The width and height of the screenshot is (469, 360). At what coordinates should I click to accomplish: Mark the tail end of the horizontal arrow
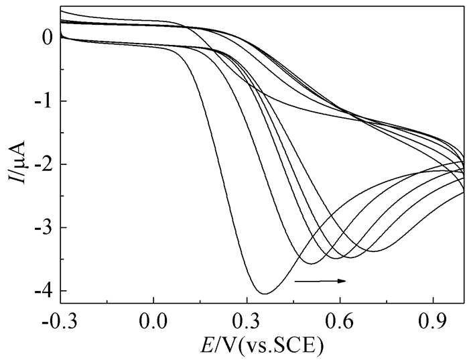tap(295, 280)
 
